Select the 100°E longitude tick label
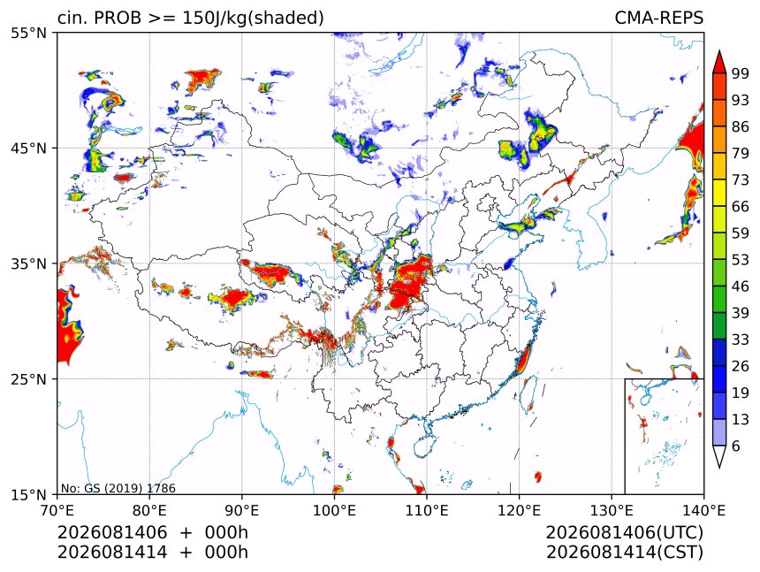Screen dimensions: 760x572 tap(334, 510)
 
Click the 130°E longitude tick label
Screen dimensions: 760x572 tap(612, 510)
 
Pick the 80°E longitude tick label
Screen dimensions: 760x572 tap(149, 510)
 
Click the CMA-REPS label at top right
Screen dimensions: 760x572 tap(658, 18)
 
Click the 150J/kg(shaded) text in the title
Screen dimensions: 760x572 tap(253, 19)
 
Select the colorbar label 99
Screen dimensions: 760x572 tap(741, 73)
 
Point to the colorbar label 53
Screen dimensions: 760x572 tap(741, 260)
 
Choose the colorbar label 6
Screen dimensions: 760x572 tap(736, 446)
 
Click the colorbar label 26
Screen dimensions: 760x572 tap(741, 366)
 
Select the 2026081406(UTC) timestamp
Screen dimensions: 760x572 tap(624, 532)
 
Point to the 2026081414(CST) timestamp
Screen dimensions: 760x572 tap(624, 553)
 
